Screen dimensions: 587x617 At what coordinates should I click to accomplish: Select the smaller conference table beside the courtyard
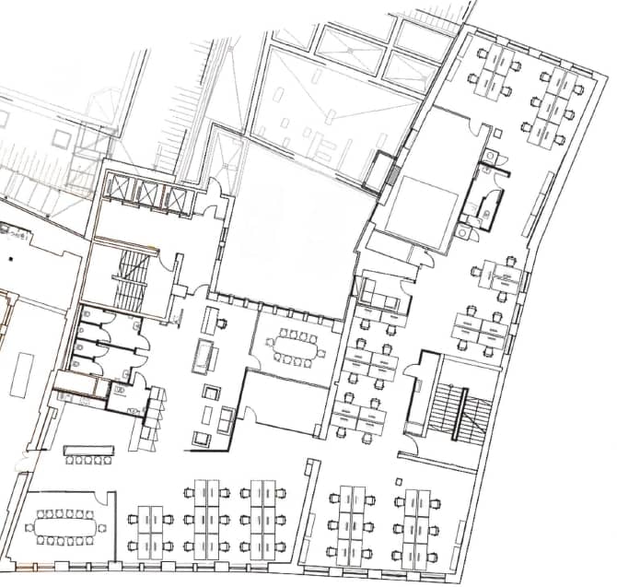click(296, 346)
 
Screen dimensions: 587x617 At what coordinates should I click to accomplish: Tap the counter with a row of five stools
click(88, 451)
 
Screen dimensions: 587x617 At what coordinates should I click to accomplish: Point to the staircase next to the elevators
click(132, 279)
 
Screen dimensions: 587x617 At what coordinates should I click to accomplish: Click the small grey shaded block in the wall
click(392, 174)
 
